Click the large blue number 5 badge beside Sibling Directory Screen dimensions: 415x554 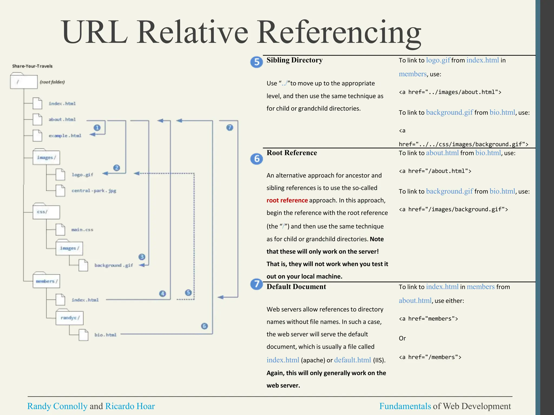pos(256,62)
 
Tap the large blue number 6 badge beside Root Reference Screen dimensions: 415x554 pos(256,159)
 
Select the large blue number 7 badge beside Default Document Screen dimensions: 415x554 pos(256,284)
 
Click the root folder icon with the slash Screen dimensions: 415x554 pos(24,82)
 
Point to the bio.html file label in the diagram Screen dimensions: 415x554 pos(105,335)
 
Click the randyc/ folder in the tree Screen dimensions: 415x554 pos(70,318)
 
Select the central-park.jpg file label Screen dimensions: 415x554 pos(94,190)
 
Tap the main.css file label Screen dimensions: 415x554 pos(82,230)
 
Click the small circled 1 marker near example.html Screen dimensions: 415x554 pos(97,128)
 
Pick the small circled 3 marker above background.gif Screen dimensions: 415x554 pos(142,257)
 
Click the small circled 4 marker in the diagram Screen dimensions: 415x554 pos(162,293)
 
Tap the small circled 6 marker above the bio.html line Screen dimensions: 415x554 pos(205,326)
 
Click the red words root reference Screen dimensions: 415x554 pos(287,200)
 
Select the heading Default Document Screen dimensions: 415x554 pos(296,287)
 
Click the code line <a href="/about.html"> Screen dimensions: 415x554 pos(435,171)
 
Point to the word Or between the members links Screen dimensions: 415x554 pos(402,338)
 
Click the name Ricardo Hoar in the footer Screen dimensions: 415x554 pos(130,406)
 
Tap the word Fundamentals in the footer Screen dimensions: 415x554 pos(405,406)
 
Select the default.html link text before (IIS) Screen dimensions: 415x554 pos(352,360)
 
